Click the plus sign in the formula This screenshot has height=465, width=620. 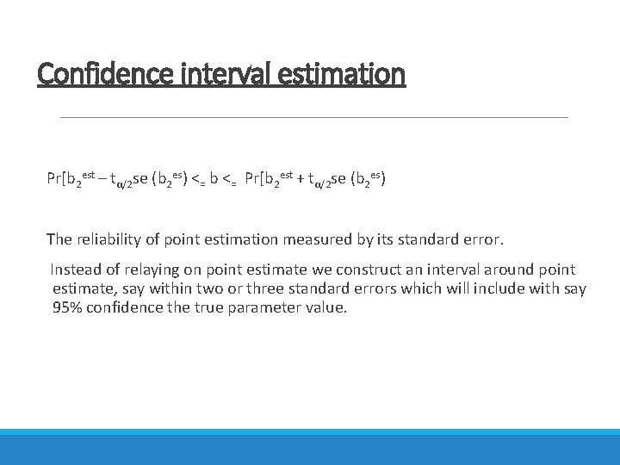[301, 180]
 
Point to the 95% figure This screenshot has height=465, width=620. [68, 308]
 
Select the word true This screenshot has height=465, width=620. [210, 308]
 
